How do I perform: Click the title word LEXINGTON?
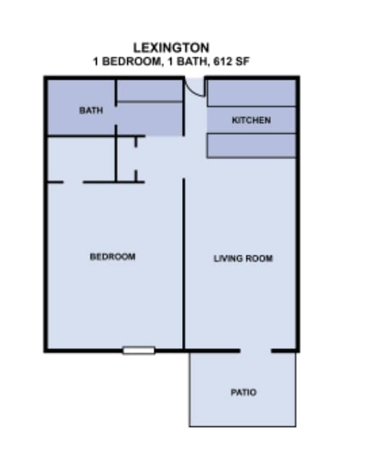(x=171, y=48)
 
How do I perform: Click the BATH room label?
(x=91, y=111)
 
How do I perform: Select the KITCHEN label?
(x=251, y=120)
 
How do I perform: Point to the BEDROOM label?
(x=112, y=256)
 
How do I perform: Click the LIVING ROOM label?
(x=243, y=258)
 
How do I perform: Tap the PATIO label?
(x=243, y=393)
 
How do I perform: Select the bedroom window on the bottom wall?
(x=139, y=351)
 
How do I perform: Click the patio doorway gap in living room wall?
(x=256, y=351)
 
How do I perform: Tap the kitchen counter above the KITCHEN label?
(x=251, y=93)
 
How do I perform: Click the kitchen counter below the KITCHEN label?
(x=251, y=145)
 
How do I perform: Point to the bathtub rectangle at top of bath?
(x=150, y=90)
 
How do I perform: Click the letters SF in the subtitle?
(x=244, y=62)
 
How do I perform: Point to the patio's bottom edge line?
(x=243, y=426)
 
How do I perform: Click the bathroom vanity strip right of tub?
(x=150, y=119)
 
